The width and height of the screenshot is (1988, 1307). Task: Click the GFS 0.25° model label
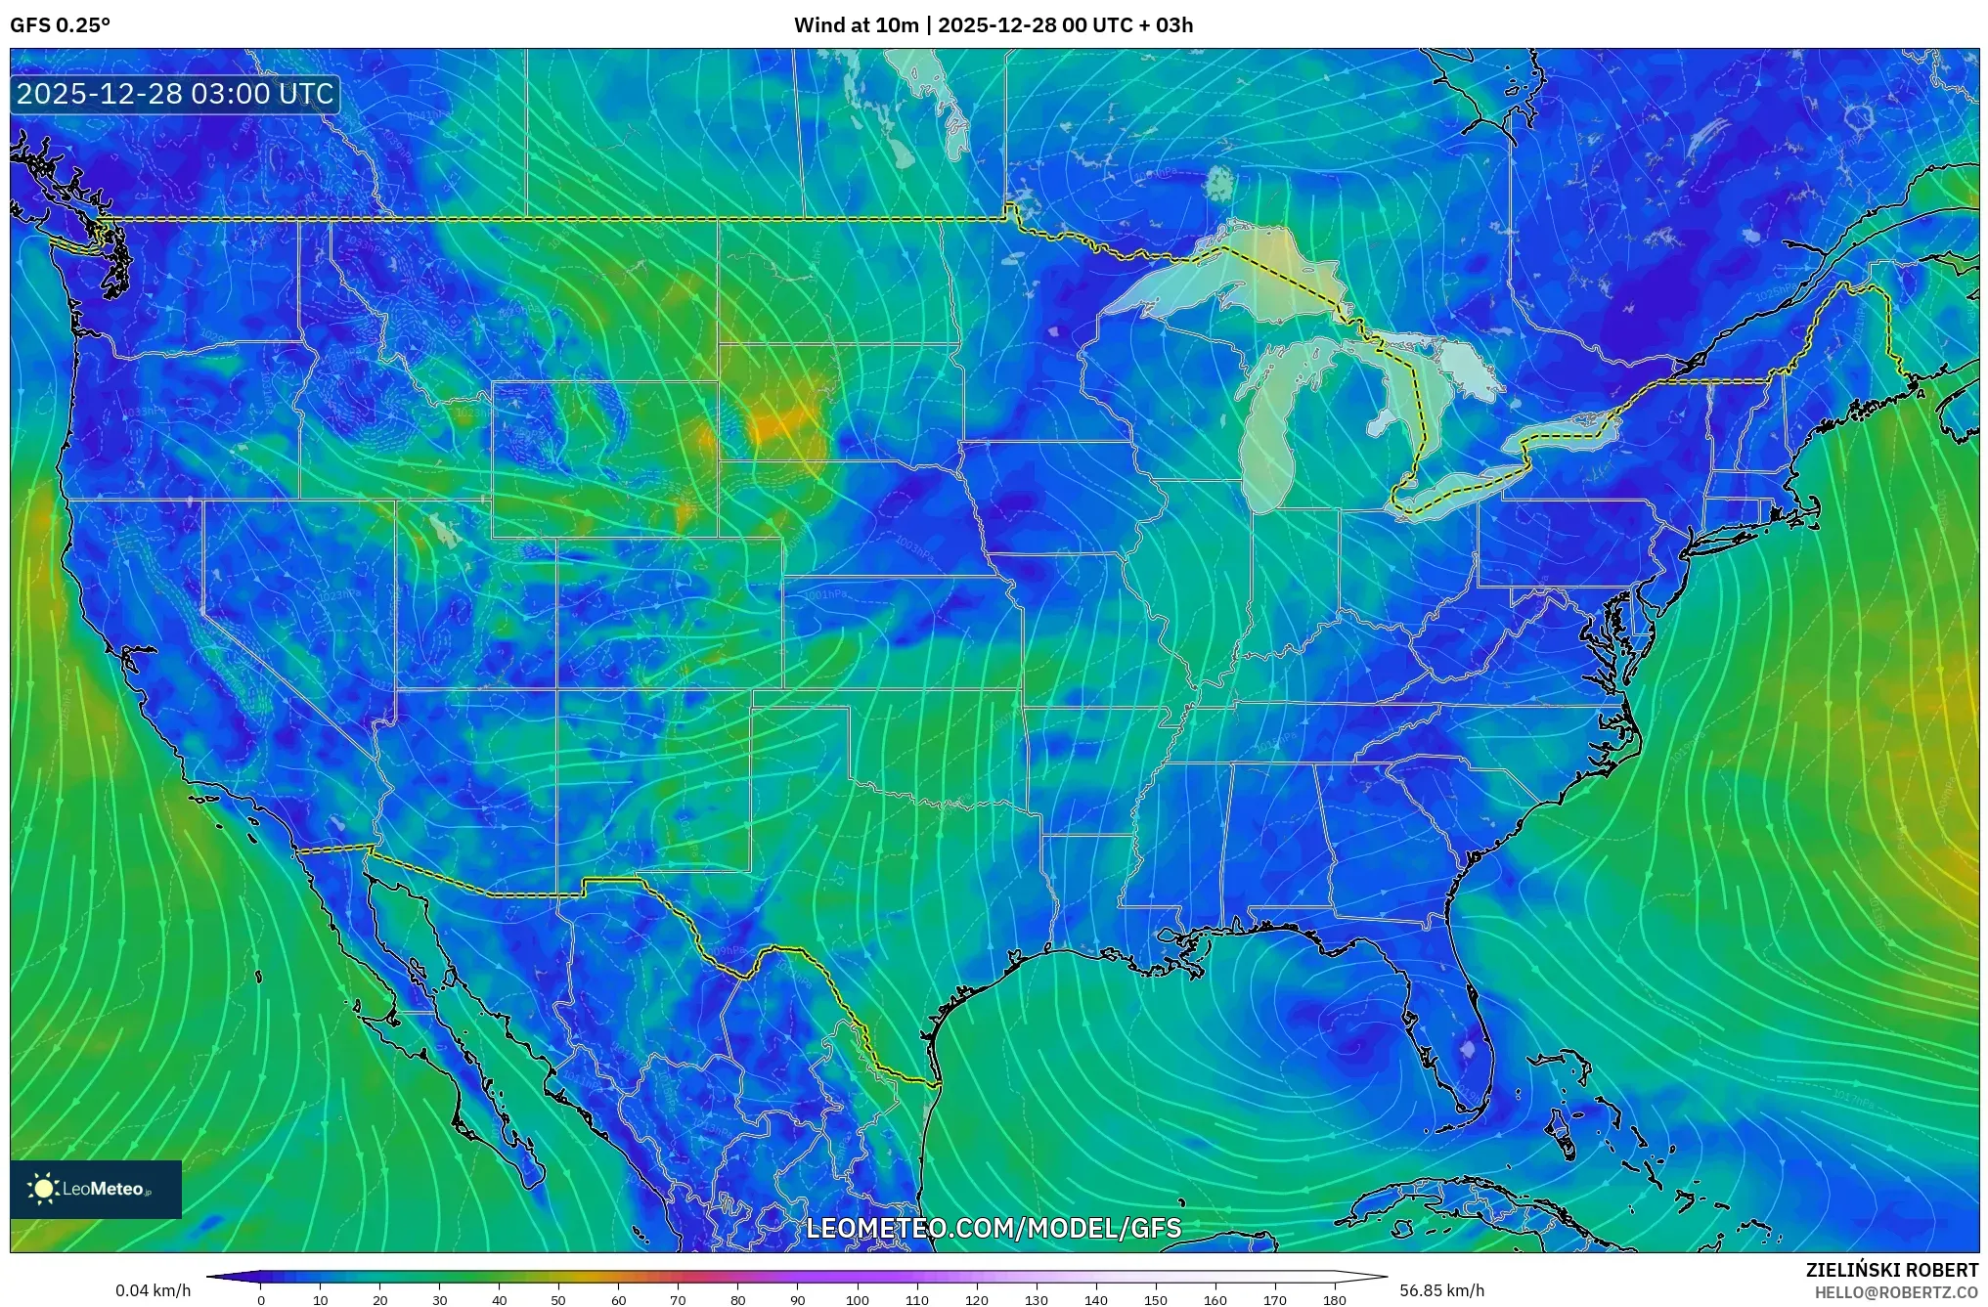tap(60, 25)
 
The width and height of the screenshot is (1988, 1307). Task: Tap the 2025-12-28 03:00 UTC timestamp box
tap(175, 95)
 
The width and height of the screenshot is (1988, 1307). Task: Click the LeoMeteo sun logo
tap(43, 1189)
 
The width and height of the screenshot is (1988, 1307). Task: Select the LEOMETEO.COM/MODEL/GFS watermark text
tap(993, 1228)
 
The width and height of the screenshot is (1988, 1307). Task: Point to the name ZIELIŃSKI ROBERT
tap(1891, 1270)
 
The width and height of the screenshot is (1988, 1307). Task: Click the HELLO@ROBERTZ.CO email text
tap(1896, 1292)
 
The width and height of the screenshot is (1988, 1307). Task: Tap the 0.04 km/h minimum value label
tap(153, 1290)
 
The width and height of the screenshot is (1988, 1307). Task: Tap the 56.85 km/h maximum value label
tap(1441, 1290)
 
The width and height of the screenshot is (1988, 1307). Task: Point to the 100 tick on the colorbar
tap(858, 1300)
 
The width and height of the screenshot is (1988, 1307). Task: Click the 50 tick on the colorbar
tap(558, 1300)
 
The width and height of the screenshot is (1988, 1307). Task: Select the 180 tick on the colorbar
tap(1335, 1300)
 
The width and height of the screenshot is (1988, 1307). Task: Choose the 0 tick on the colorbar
tap(261, 1300)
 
